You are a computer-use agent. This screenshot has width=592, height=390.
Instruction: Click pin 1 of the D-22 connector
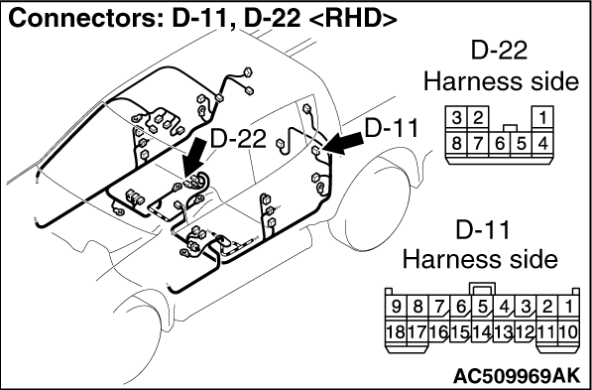[542, 119]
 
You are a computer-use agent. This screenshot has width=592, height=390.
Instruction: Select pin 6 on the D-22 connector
[499, 144]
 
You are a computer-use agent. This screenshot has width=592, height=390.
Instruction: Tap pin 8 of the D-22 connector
[456, 144]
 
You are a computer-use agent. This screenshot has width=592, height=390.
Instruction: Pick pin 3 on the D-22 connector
[456, 119]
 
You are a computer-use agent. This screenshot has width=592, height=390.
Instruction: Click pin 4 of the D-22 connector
[542, 144]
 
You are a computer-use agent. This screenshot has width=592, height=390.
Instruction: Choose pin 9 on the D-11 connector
[396, 308]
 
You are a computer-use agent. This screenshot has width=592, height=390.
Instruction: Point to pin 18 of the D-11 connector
[396, 332]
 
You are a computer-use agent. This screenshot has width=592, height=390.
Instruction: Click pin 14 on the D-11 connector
[482, 332]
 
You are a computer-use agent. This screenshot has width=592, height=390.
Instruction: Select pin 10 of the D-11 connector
[568, 332]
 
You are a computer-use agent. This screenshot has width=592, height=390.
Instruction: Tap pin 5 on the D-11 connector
[482, 308]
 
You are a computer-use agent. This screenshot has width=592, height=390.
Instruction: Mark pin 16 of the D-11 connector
[439, 332]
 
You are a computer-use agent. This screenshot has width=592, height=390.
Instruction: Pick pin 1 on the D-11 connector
[568, 308]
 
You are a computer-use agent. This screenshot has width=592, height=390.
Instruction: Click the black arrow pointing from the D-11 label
[343, 144]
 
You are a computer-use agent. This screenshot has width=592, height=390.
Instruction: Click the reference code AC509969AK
[516, 375]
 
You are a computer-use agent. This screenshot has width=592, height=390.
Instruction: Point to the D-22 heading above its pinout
[499, 51]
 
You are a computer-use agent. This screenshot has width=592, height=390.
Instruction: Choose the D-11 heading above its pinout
[483, 230]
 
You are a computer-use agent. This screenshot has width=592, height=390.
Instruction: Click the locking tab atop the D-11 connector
[482, 289]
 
